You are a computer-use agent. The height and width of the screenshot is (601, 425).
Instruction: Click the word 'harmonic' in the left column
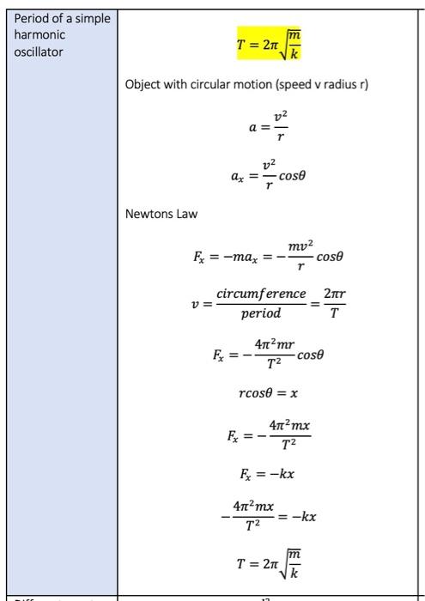(x=40, y=34)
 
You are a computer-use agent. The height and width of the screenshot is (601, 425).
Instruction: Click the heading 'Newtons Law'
(x=161, y=214)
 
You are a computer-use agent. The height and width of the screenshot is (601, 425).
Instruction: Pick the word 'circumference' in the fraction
(x=261, y=294)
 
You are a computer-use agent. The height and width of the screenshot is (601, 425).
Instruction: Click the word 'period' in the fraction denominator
(x=260, y=313)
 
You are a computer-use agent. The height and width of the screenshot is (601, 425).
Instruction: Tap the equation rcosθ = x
(x=268, y=392)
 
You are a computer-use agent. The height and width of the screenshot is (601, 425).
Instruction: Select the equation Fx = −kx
(x=268, y=473)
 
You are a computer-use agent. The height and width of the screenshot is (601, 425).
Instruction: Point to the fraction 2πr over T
(x=335, y=303)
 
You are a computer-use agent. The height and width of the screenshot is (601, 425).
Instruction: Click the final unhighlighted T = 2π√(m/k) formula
(x=268, y=564)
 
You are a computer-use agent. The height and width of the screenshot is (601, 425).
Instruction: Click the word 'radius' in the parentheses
(x=331, y=85)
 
